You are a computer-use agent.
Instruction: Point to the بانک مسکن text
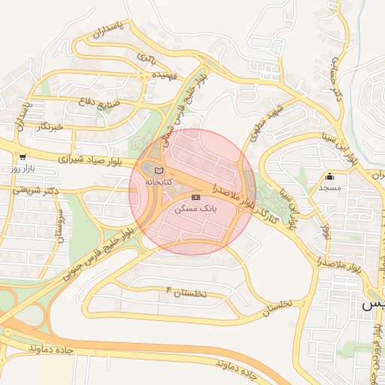[x=195, y=208]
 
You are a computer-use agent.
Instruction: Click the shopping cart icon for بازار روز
[x=23, y=158]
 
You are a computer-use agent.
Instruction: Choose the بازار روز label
[x=23, y=168]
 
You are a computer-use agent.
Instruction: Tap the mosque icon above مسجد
[x=329, y=177]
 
